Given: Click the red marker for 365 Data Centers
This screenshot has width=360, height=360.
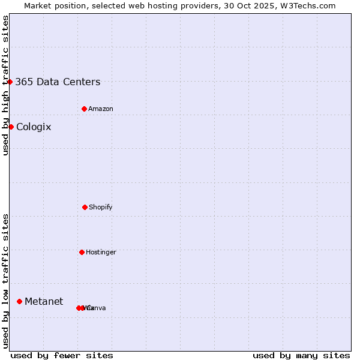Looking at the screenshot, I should [10, 82].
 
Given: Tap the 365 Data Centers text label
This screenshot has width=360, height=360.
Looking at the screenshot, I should [58, 82].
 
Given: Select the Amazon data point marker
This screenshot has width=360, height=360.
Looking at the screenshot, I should [85, 109].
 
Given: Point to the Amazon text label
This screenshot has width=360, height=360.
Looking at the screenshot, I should [101, 109].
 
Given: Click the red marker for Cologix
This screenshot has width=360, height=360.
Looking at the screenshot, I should [11, 127].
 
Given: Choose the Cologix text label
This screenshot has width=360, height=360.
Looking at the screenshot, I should [34, 127].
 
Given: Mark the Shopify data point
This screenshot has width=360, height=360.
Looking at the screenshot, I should [85, 207].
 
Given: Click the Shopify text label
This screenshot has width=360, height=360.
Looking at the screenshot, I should [101, 208].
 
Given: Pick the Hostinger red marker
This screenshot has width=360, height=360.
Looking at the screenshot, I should [82, 252].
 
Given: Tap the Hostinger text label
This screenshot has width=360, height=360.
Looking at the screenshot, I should [101, 253].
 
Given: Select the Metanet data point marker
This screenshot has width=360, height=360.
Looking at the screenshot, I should [20, 301].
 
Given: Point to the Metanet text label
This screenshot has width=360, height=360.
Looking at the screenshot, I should [44, 302].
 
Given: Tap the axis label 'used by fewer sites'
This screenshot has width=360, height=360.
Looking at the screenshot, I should [62, 355].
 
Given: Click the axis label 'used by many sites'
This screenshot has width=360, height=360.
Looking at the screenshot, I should [301, 355].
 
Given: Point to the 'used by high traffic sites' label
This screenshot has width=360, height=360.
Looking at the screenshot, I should [5, 85].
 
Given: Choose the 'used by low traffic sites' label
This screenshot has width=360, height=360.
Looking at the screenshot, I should [5, 281].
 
